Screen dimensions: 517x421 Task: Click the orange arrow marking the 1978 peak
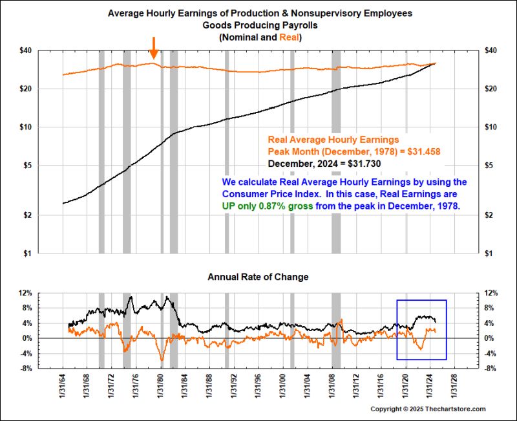point(153,48)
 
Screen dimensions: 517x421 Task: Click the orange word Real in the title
point(289,38)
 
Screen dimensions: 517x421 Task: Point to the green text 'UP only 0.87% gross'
point(268,206)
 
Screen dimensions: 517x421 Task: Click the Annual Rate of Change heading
point(258,277)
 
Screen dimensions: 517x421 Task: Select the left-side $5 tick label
point(27,166)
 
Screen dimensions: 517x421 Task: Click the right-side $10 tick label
point(491,127)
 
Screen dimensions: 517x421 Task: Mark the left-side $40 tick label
point(26,51)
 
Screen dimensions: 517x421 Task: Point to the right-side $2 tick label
point(489,215)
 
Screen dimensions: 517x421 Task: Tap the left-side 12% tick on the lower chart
point(26,294)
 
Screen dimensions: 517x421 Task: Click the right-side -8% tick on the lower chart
point(490,369)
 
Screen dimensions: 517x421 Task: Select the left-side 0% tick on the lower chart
point(27,338)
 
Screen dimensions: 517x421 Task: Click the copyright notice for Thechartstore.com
point(428,409)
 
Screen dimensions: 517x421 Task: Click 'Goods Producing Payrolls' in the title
point(260,25)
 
